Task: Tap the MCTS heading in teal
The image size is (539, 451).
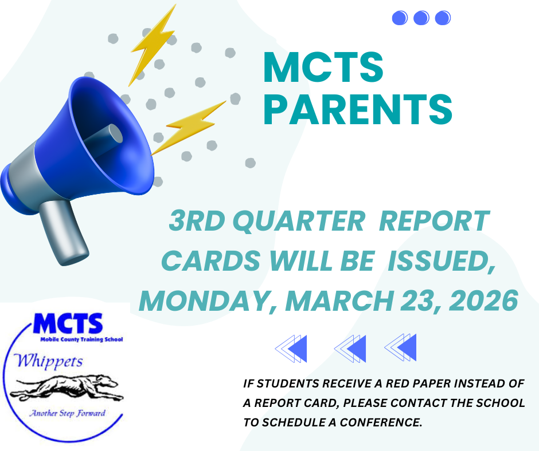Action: coord(323,67)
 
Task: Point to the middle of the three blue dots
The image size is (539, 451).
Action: coord(421,18)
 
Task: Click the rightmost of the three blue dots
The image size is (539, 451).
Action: coord(442,18)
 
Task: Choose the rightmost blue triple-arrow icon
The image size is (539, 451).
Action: coord(401,347)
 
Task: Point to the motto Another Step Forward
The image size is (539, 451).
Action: coord(67,413)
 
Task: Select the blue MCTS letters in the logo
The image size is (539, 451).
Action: coord(67,325)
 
